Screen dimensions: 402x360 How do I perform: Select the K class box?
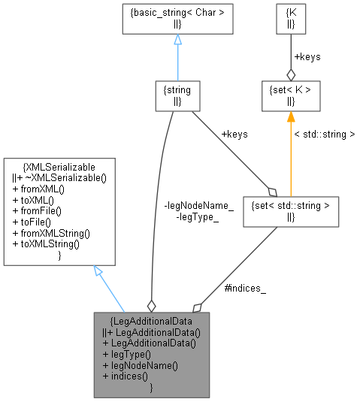point(291,19)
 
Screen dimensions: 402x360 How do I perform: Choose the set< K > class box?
point(291,95)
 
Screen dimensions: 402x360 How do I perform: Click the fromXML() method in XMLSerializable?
point(38,190)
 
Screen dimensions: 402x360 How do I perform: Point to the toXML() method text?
point(34,201)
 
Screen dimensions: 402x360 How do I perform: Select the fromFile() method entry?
point(38,213)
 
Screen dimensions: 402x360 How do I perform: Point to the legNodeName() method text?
point(140,365)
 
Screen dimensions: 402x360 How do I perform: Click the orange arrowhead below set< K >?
point(291,116)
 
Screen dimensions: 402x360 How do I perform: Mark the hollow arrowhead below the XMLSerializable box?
point(99,272)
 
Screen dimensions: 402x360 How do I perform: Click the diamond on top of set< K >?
point(291,74)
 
